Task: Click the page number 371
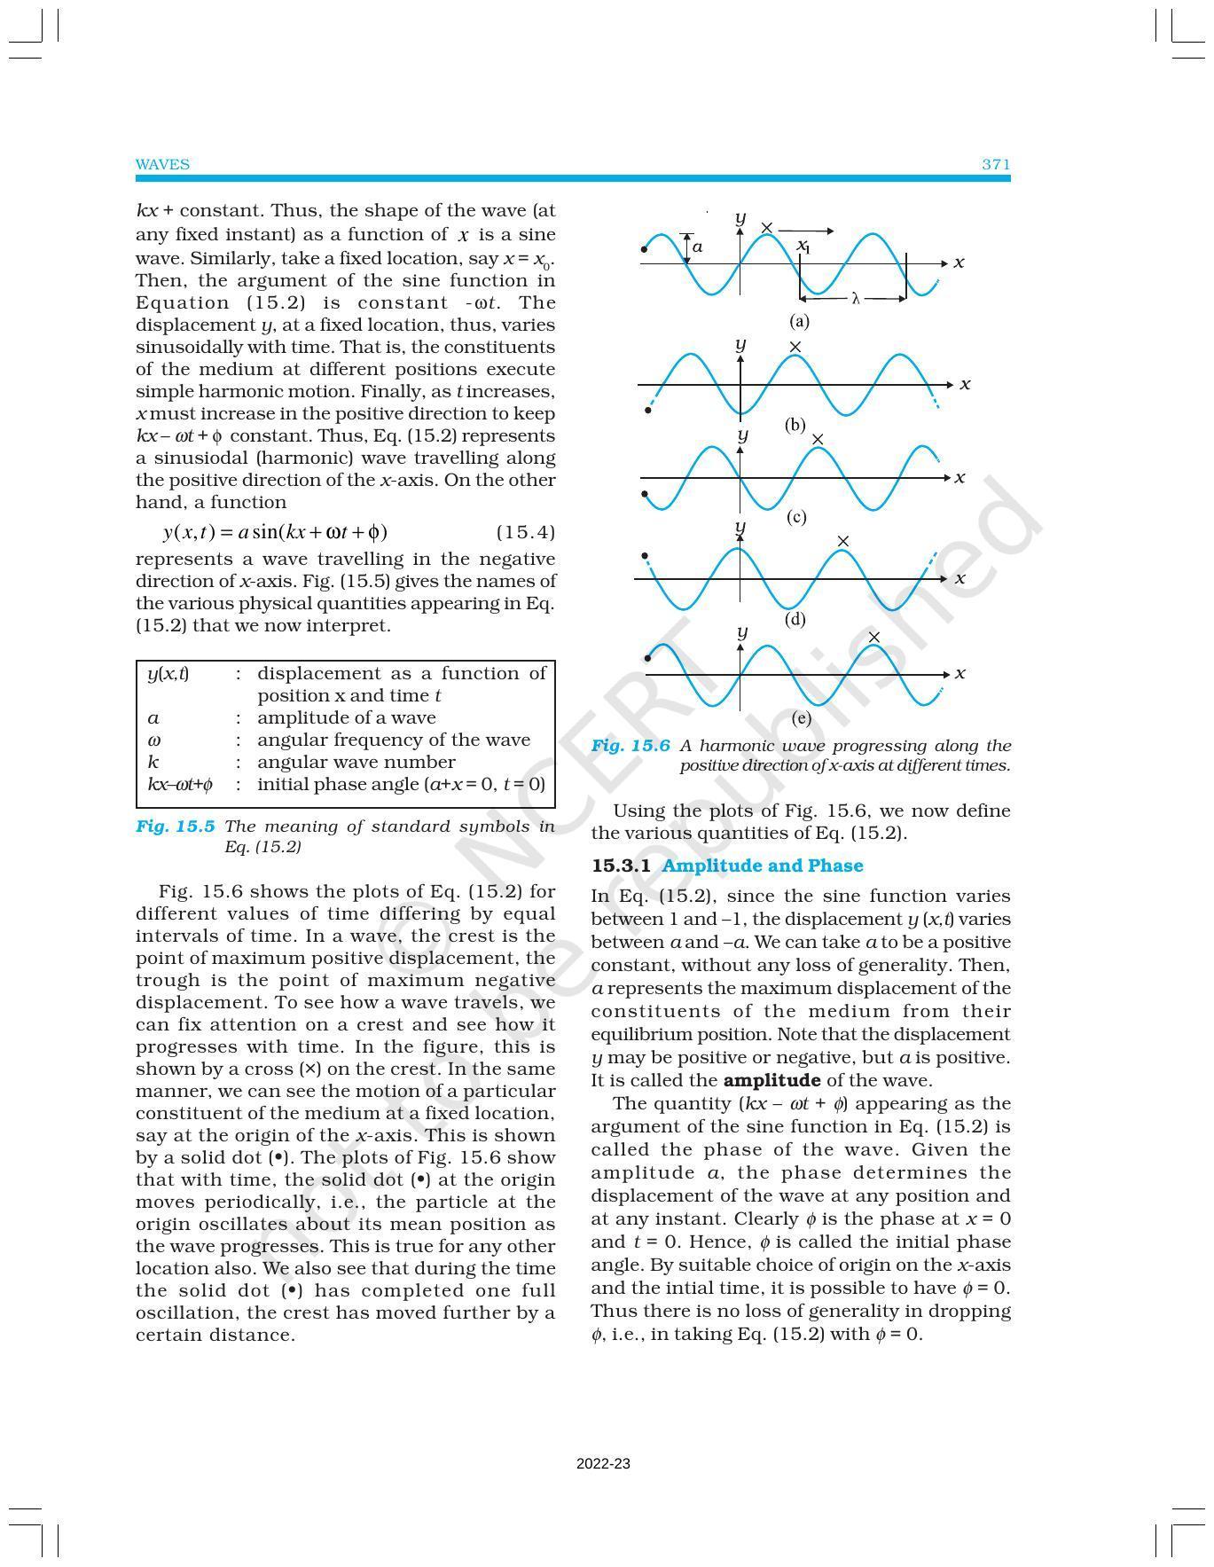(996, 164)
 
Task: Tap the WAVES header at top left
(162, 164)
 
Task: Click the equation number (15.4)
(525, 532)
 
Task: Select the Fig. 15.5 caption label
(175, 827)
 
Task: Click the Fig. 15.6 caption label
(630, 746)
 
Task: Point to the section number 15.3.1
(622, 866)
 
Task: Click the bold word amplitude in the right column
(771, 1080)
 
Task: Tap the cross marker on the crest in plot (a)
(767, 229)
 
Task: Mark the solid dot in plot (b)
(648, 411)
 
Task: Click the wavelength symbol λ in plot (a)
(856, 299)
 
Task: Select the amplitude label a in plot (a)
(698, 247)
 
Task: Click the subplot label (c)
(796, 517)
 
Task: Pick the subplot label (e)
(801, 718)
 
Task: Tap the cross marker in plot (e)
(874, 638)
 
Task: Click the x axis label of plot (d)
(960, 578)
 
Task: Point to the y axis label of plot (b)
(740, 343)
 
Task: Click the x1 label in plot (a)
(803, 246)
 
